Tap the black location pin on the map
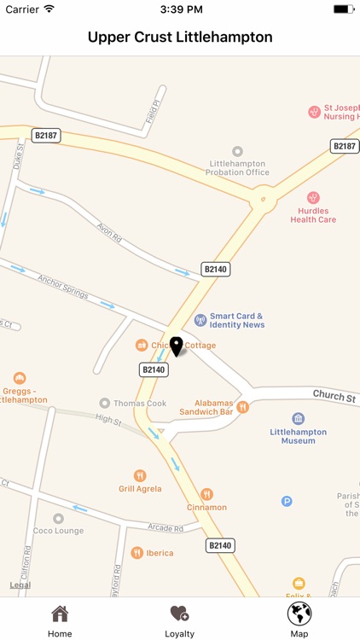click(177, 346)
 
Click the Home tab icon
click(60, 614)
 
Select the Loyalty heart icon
click(179, 614)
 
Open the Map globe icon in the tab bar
click(299, 614)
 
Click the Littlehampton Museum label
click(298, 436)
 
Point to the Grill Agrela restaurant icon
click(140, 475)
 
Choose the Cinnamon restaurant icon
click(206, 494)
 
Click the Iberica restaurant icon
click(136, 553)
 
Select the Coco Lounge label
click(58, 530)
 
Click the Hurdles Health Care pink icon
click(313, 198)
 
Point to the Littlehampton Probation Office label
click(237, 167)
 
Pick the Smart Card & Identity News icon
click(200, 320)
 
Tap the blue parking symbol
click(287, 501)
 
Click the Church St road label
click(334, 396)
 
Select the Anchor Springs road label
click(62, 287)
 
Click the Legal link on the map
click(20, 585)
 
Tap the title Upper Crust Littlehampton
click(180, 38)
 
